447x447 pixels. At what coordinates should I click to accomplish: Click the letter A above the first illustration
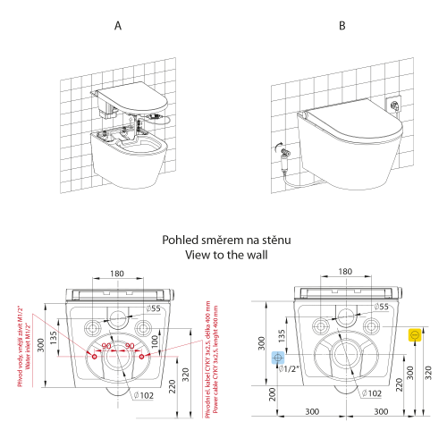(x=118, y=27)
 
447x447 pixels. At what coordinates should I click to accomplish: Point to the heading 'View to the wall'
(x=223, y=254)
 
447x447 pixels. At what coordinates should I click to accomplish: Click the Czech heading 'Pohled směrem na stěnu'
(x=223, y=240)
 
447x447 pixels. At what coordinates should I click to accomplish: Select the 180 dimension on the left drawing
(x=118, y=274)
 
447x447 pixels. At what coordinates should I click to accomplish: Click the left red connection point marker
(x=92, y=356)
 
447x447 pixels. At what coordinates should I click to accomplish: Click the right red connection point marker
(x=143, y=356)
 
